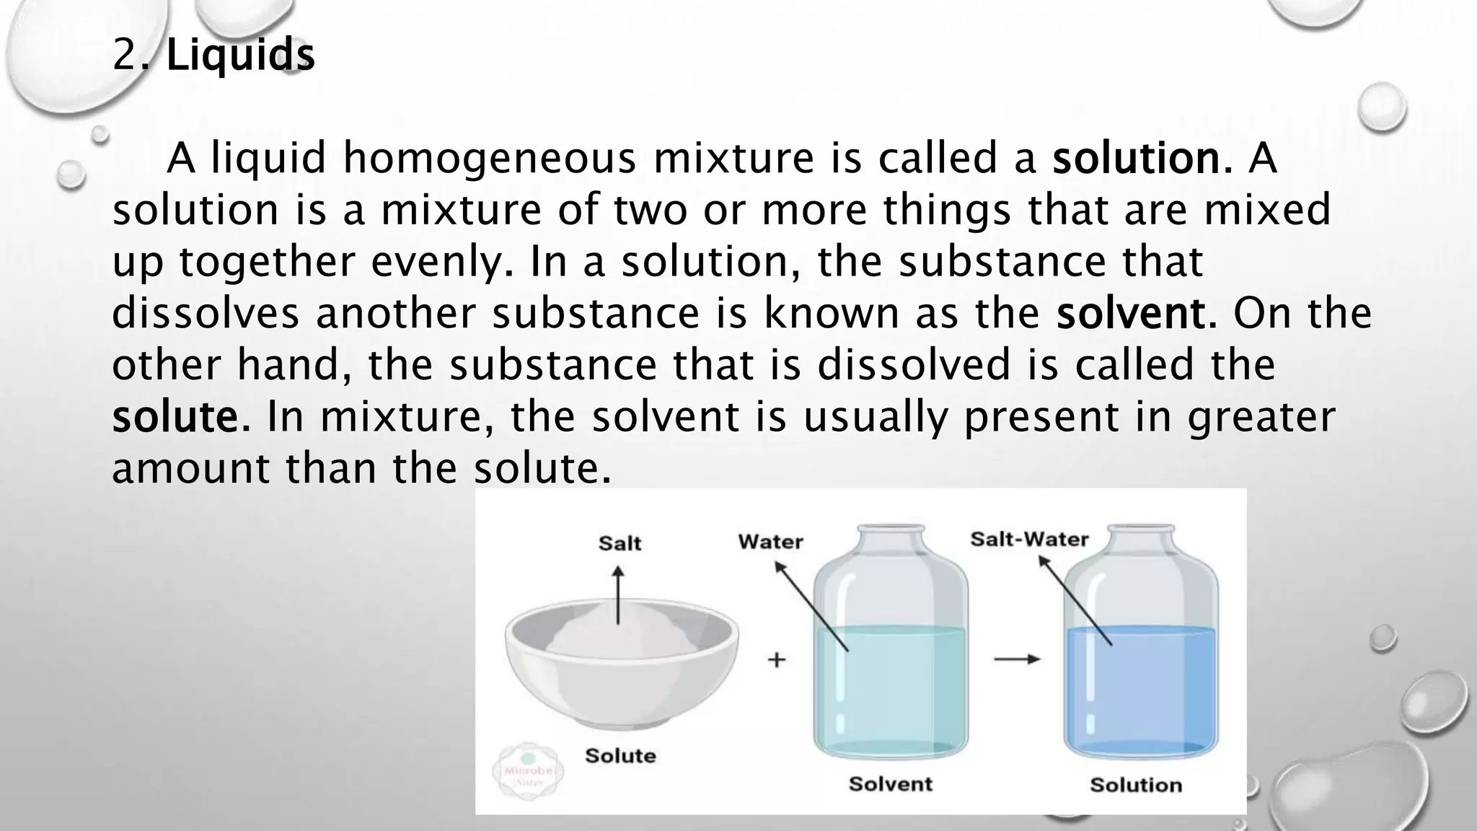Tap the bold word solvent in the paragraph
(1131, 313)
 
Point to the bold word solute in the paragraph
(175, 417)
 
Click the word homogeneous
(490, 158)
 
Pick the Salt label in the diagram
(620, 543)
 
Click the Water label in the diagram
(770, 542)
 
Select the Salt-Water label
(1029, 540)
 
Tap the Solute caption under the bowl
(620, 756)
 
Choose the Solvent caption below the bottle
(891, 784)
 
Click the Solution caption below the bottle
(1136, 785)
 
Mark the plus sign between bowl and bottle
(776, 659)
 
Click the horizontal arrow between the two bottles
(1017, 659)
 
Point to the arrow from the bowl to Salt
(618, 595)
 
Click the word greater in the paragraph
(1261, 417)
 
